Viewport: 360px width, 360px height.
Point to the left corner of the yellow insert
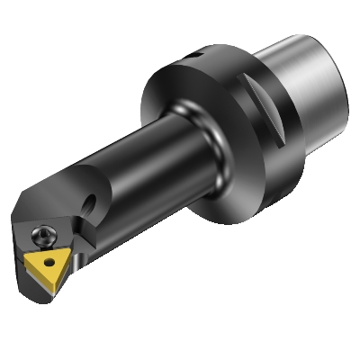pos(28,257)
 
